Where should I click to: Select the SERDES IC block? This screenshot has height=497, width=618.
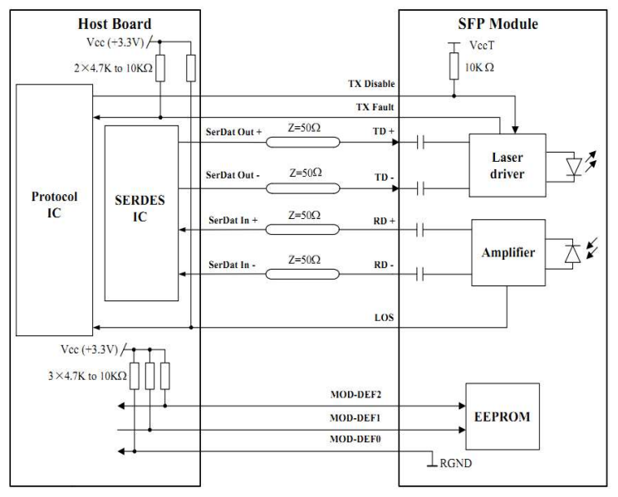point(140,212)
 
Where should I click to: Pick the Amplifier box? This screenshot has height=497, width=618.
point(508,253)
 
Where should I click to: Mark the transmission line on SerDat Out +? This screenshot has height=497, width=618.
point(302,143)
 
